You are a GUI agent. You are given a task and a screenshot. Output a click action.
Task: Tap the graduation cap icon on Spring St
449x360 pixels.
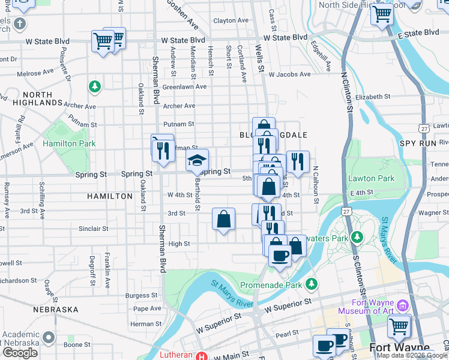[x=197, y=160]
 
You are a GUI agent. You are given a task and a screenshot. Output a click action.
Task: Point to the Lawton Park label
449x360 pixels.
[x=371, y=178]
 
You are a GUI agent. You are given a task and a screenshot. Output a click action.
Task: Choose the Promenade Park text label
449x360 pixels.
[x=271, y=284]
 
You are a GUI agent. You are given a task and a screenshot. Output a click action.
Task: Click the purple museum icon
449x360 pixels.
[x=403, y=306]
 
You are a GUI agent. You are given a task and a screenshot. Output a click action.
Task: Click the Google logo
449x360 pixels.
[x=20, y=352]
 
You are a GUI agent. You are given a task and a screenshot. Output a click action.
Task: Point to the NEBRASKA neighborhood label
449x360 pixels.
[x=56, y=309]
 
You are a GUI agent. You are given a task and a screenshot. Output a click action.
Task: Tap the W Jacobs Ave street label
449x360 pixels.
[x=289, y=75]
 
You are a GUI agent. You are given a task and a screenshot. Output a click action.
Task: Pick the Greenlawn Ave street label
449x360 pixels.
[x=184, y=86]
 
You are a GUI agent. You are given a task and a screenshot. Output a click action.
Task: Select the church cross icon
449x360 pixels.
[x=20, y=24]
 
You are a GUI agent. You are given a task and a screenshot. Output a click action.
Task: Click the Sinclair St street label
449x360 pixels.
[x=93, y=229]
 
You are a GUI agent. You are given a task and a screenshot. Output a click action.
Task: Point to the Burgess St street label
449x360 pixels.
[x=141, y=295]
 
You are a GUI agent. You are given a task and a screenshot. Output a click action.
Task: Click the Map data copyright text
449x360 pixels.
[x=412, y=355]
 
